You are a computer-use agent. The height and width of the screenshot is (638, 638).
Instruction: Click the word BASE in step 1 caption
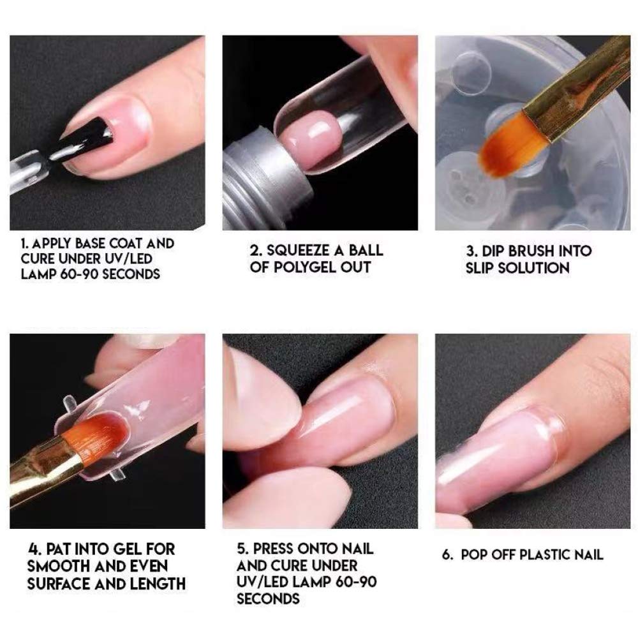click(91, 243)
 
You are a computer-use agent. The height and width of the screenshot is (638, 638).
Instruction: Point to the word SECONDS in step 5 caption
click(268, 598)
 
